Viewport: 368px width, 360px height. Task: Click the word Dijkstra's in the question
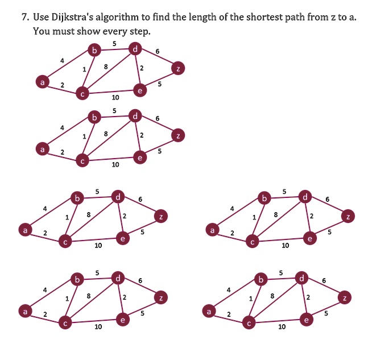click(x=72, y=18)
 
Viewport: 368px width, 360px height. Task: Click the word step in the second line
click(x=140, y=31)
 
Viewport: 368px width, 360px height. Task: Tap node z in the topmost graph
click(x=178, y=68)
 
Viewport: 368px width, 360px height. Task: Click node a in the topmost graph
click(x=42, y=82)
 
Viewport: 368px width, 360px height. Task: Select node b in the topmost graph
click(x=94, y=50)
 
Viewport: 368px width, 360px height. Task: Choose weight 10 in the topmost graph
click(x=115, y=97)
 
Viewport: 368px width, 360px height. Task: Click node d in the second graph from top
click(x=135, y=116)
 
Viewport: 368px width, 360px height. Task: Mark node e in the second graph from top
click(x=140, y=158)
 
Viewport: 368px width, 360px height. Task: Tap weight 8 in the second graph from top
click(x=106, y=134)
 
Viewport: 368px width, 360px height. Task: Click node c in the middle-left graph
click(x=65, y=241)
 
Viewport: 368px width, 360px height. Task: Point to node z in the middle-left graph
click(x=161, y=216)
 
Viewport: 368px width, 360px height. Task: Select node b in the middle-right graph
click(x=264, y=198)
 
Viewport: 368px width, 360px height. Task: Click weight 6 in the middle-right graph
click(x=328, y=199)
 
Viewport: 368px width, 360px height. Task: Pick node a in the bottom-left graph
click(x=25, y=311)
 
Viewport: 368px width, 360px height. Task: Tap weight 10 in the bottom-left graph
click(x=98, y=326)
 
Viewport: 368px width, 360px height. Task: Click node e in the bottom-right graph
click(x=306, y=320)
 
